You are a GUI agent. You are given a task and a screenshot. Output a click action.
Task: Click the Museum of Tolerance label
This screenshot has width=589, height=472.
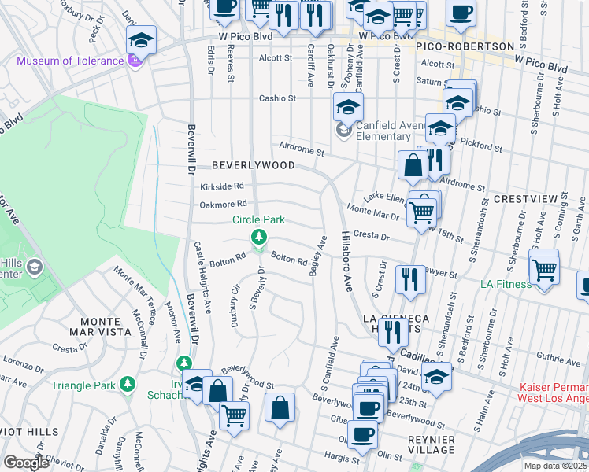(x=70, y=61)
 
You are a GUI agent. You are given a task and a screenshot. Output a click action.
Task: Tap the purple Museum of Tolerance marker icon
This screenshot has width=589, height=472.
(x=135, y=61)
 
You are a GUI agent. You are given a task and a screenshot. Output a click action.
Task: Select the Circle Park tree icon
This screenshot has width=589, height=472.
(x=257, y=236)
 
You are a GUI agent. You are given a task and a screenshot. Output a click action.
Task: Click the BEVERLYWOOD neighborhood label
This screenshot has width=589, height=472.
(x=254, y=165)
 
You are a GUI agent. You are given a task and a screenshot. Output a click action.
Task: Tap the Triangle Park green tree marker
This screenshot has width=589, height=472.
(x=126, y=385)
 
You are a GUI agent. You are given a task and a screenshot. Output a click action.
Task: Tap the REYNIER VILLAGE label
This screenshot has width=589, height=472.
(x=420, y=444)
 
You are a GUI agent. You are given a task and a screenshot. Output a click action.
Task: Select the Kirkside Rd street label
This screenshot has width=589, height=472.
(x=221, y=186)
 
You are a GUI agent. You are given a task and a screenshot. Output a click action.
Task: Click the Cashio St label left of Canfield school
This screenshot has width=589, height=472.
(x=277, y=98)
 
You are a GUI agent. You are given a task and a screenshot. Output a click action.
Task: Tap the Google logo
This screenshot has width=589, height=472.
(x=26, y=462)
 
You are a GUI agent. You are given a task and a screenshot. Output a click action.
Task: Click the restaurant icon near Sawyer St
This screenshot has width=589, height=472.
(x=409, y=279)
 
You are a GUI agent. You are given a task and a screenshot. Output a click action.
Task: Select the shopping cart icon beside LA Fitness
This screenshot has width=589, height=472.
(x=544, y=268)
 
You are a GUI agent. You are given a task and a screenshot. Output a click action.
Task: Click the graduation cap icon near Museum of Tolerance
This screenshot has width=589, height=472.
(x=141, y=40)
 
